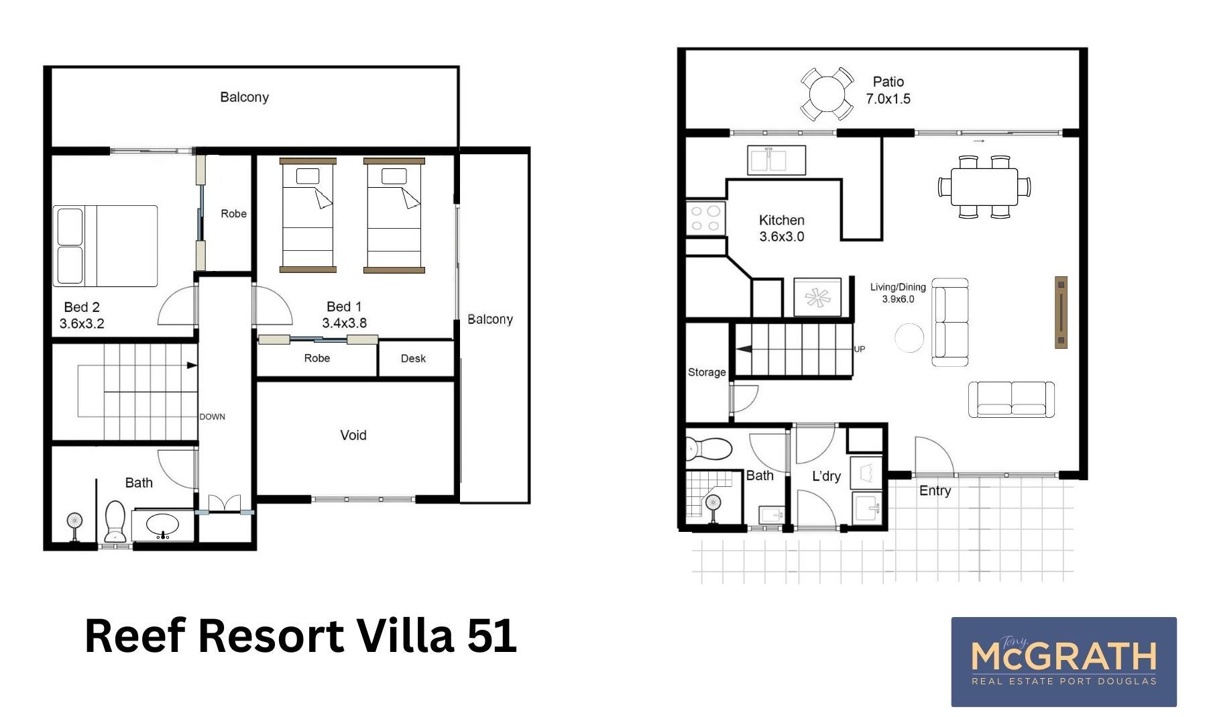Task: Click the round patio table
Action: [x=827, y=94]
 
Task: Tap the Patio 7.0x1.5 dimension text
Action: [x=888, y=99]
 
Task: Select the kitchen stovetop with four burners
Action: [x=705, y=217]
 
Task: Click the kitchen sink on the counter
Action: [x=777, y=160]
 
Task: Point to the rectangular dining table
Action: [x=984, y=187]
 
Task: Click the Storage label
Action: [x=707, y=372]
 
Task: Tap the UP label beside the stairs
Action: [x=860, y=349]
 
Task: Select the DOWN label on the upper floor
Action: [x=212, y=417]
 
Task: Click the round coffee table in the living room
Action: [x=909, y=337]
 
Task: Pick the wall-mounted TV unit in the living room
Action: [x=1061, y=312]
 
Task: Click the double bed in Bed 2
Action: [x=105, y=246]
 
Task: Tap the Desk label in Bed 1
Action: [x=413, y=359]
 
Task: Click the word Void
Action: [x=353, y=435]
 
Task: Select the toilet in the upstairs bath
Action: [x=116, y=521]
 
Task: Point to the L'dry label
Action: [x=826, y=476]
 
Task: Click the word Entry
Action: [x=935, y=491]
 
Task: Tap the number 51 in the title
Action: [x=492, y=636]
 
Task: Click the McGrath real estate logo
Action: [x=1064, y=661]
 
